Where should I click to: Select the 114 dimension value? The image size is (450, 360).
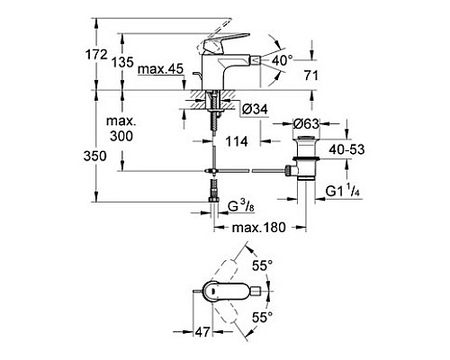point(236,139)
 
